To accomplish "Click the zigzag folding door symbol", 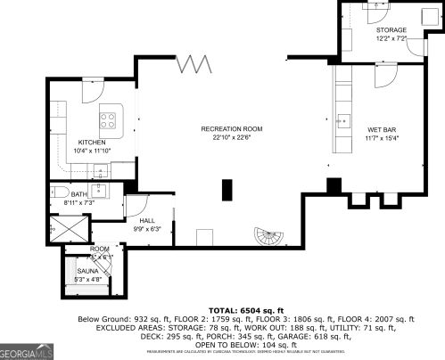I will (194, 64).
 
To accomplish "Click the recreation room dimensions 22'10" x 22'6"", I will (230, 137).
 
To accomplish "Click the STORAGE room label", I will (391, 30).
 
